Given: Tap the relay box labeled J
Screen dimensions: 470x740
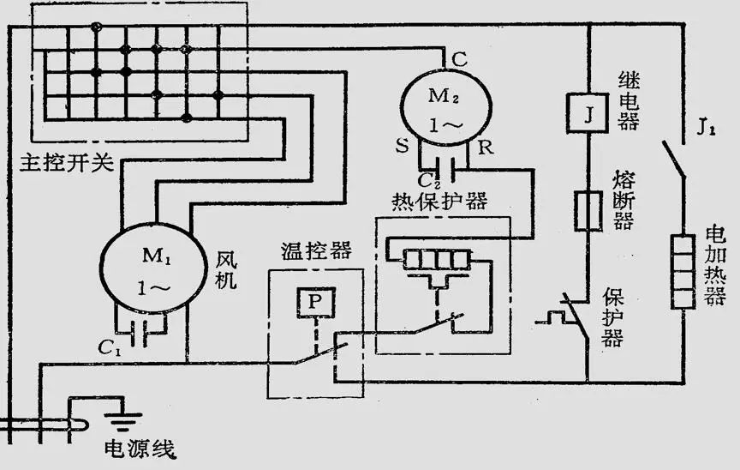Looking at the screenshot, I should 588,114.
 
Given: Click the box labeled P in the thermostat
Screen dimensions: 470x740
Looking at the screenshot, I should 314,302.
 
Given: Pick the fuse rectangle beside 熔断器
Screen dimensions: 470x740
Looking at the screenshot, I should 588,211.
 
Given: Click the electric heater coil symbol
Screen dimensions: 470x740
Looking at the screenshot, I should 683,270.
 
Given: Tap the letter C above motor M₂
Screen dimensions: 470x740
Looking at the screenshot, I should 459,59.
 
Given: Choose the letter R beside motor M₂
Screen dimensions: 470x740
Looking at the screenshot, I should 486,147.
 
